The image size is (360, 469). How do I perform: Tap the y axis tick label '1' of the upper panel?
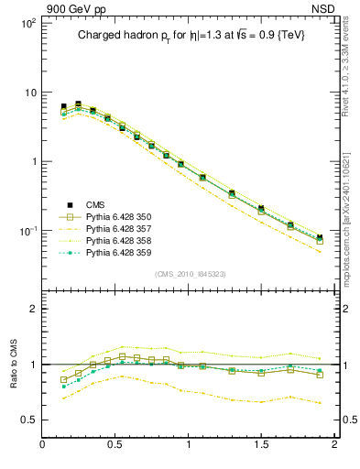coord(32,162)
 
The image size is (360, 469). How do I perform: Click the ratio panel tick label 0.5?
coord(27,420)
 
